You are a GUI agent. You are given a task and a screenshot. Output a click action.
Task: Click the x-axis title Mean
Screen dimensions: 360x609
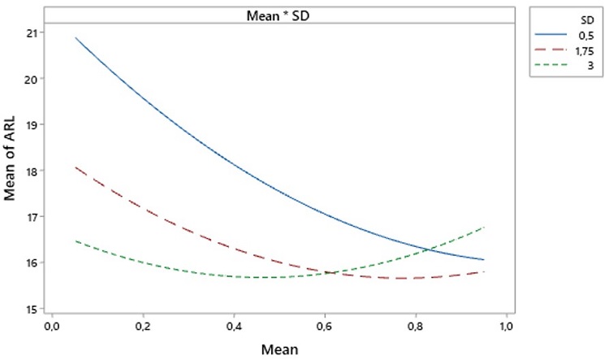[x=279, y=349]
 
